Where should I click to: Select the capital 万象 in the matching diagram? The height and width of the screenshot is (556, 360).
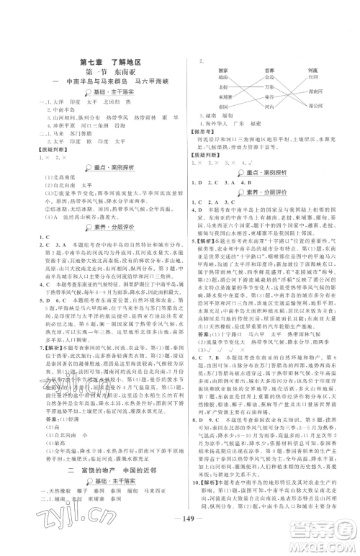pyautogui.click(x=269, y=85)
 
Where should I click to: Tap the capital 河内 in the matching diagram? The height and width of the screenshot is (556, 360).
pyautogui.click(x=269, y=106)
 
